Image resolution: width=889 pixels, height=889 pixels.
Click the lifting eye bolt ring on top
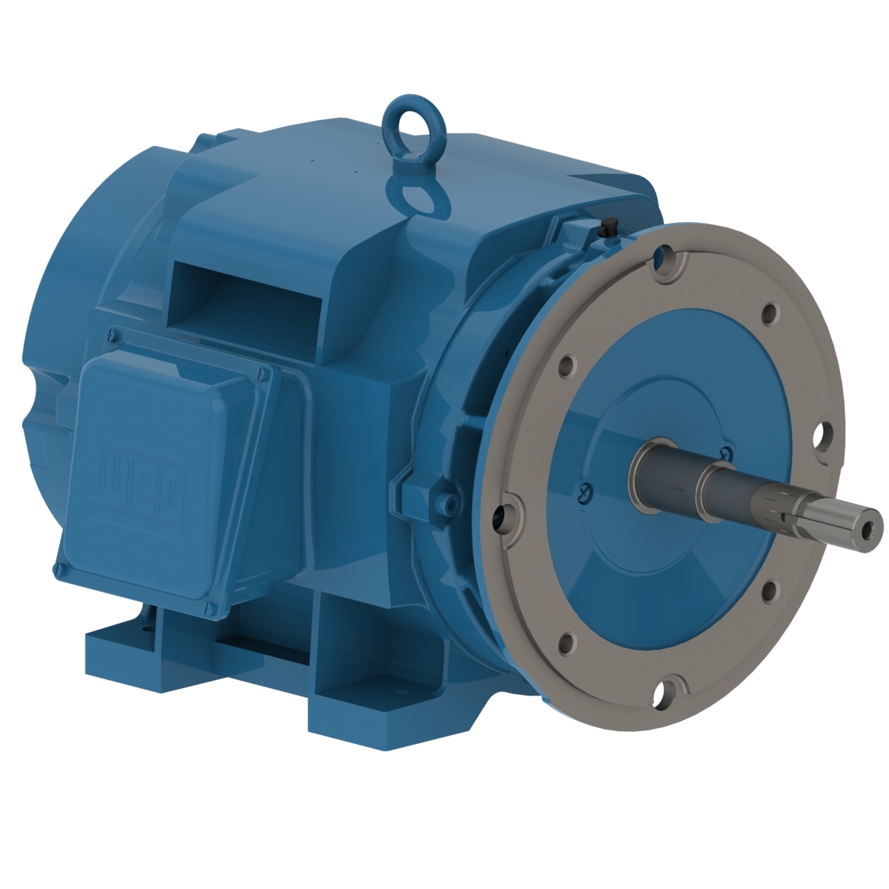coord(405,119)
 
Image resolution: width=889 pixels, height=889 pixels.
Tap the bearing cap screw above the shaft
coord(725,452)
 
